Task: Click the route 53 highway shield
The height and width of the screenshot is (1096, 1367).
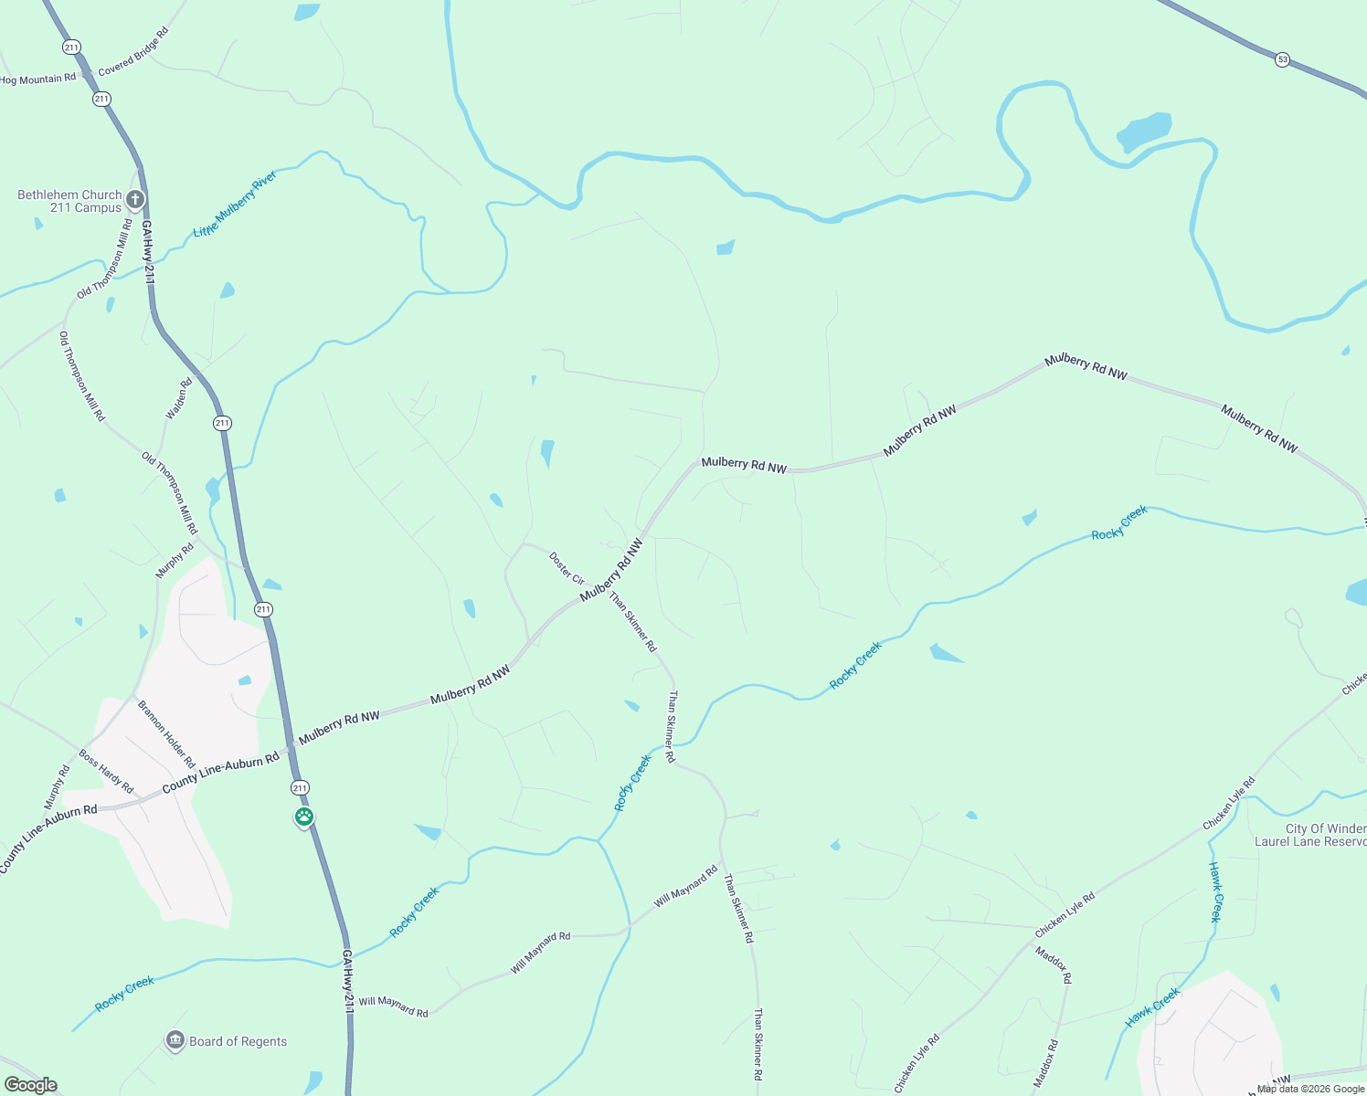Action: point(1283,59)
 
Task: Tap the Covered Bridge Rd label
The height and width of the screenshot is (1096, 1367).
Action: point(133,52)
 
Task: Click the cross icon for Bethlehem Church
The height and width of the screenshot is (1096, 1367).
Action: point(135,199)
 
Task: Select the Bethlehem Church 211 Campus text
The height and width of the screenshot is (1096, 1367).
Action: point(69,201)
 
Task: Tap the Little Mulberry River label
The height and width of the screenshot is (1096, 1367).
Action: point(235,204)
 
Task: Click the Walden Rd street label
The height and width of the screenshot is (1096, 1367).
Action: point(179,399)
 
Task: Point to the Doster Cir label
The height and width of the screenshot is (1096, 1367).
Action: point(567,567)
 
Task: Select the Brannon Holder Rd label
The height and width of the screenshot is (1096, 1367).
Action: point(166,734)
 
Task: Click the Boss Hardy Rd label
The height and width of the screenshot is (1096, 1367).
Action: point(106,772)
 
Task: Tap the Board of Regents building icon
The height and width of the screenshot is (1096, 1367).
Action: point(175,1040)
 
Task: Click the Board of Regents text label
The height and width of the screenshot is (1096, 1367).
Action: point(238,1041)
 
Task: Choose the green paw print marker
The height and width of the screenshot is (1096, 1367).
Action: point(304,817)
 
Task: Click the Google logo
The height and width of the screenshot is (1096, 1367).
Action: point(31,1085)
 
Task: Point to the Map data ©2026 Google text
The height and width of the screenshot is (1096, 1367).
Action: point(1310,1089)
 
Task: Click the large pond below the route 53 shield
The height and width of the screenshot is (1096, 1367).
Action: point(1143,132)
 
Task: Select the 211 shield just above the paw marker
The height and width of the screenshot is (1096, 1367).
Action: point(300,787)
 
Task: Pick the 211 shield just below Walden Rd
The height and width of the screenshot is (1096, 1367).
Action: point(222,423)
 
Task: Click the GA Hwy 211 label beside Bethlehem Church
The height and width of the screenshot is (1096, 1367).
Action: point(147,251)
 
